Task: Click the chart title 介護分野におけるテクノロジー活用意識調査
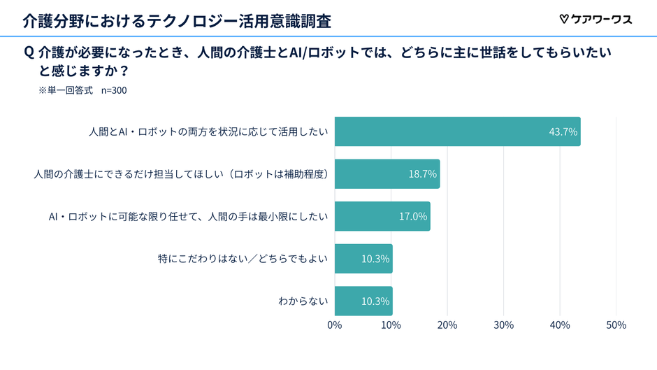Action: [x=176, y=20]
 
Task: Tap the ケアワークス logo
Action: [x=595, y=20]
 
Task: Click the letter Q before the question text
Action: [x=29, y=53]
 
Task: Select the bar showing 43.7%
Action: [x=457, y=131]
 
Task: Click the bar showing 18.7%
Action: [x=387, y=173]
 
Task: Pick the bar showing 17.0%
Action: [x=382, y=216]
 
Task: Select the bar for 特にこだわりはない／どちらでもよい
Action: [x=363, y=259]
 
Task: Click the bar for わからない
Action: [x=363, y=301]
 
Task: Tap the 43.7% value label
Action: [x=563, y=131]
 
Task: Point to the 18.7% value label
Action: [x=422, y=173]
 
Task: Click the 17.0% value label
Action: [x=412, y=216]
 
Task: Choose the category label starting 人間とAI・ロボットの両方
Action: [x=208, y=131]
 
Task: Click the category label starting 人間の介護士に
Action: [x=181, y=173]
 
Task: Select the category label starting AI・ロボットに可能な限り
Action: [x=188, y=216]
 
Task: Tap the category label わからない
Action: [x=303, y=301]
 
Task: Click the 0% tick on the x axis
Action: [x=335, y=325]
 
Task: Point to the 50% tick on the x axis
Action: [x=615, y=325]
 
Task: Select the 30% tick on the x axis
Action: [x=503, y=325]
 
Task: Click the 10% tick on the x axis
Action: [x=391, y=325]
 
